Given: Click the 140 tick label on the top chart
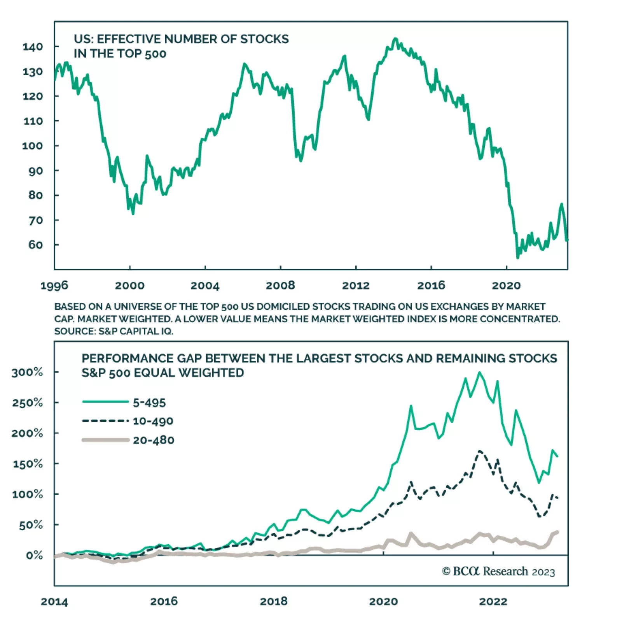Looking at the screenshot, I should point(33,47).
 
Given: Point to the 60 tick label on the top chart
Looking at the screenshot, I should point(35,245).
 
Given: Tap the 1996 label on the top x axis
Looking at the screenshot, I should point(54,286).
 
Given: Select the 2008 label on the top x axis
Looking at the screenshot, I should point(280,286).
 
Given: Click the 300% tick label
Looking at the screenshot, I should point(27,372).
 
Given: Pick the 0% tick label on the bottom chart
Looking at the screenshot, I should point(34,555).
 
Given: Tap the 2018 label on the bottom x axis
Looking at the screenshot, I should point(274,601).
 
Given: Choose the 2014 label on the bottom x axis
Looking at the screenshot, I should point(54,601).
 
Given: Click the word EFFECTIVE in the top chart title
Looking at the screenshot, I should point(128,39).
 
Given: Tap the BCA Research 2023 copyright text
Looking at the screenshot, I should point(498,571).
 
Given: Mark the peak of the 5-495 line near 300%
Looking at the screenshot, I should point(479,372).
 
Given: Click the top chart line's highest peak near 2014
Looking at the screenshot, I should point(395,39).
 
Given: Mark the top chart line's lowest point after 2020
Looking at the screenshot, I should point(517,257).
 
